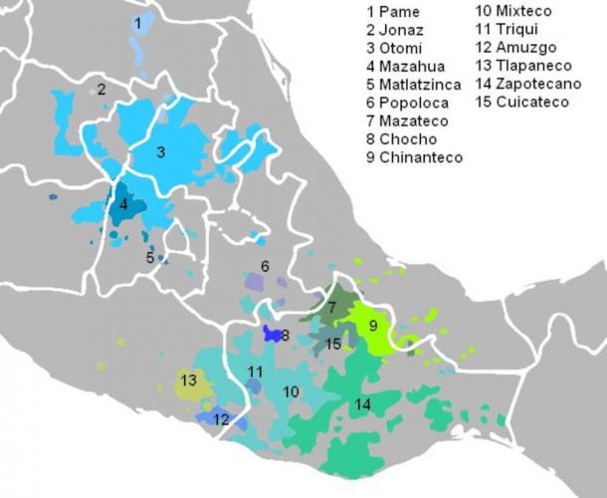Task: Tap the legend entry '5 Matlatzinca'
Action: click(413, 84)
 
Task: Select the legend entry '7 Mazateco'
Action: click(404, 121)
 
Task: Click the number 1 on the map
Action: click(138, 21)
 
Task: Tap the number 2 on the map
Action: click(101, 89)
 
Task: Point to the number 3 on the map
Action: click(160, 153)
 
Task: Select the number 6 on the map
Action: click(265, 266)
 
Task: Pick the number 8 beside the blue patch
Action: click(286, 336)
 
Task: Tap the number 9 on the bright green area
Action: click(373, 325)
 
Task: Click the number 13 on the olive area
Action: click(188, 379)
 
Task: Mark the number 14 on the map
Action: click(363, 404)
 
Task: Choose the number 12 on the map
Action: click(221, 419)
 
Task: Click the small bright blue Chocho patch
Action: click(270, 334)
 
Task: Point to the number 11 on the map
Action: click(255, 372)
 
